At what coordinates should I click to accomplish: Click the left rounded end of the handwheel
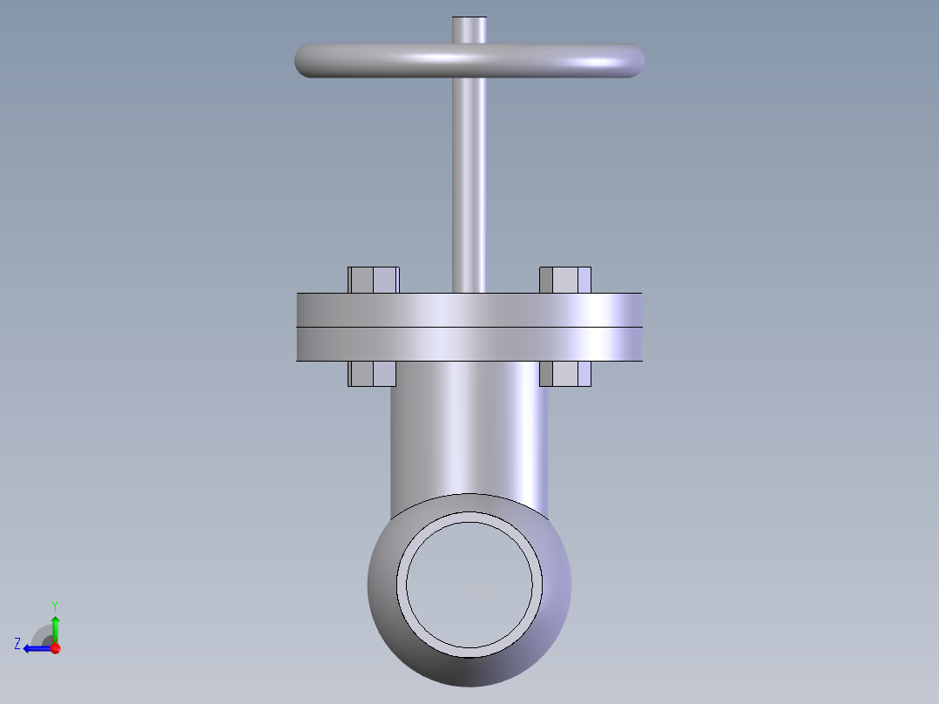point(307,61)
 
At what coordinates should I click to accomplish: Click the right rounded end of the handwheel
point(633,61)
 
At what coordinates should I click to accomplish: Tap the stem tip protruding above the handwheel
point(469,29)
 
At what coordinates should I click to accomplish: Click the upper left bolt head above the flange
point(374,280)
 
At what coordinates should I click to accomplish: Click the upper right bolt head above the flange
point(565,280)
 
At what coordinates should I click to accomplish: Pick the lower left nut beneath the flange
point(373,374)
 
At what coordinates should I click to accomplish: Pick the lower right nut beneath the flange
point(565,374)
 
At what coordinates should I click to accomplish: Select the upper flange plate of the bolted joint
point(469,310)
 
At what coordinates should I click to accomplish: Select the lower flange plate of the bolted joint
point(469,344)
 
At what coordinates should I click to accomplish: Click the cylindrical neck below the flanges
point(469,427)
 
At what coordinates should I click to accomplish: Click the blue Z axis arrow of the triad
point(35,648)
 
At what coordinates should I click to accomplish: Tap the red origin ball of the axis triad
point(55,648)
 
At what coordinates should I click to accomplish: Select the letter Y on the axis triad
point(54,605)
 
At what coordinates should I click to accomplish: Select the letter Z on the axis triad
point(17,644)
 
